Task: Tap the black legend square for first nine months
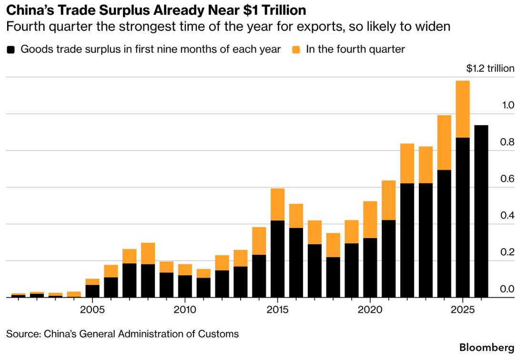point(11,50)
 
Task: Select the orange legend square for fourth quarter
point(296,50)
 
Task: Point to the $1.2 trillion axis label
point(490,68)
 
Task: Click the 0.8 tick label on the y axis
point(507,142)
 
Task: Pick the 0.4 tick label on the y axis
point(507,215)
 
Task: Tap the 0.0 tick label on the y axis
point(507,289)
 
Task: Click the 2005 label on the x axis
point(92,310)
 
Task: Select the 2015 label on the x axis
point(278,310)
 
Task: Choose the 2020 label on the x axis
point(370,310)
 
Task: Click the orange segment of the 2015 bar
point(278,204)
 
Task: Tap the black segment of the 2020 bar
point(370,268)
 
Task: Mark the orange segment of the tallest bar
point(463,109)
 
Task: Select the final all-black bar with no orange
point(481,211)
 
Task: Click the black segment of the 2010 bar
point(185,287)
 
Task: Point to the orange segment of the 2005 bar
point(92,282)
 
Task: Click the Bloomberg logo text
point(486,347)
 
